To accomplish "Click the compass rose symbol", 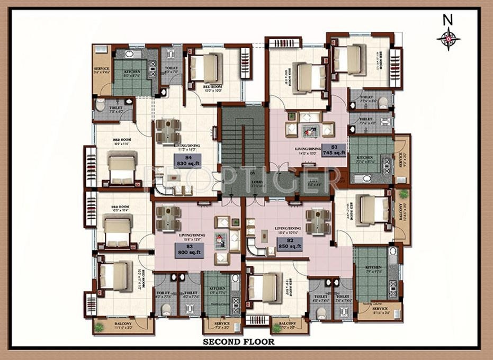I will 448,39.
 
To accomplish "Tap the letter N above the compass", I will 448,20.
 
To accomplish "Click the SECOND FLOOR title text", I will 239,342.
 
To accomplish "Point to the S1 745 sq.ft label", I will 334,150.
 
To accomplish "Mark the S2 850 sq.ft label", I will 290,244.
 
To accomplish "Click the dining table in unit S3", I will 168,218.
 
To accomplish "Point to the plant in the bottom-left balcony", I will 99,328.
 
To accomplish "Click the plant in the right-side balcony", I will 404,194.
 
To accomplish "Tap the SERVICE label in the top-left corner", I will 102,69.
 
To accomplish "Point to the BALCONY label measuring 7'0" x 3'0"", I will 288,323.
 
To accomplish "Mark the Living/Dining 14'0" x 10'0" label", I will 308,151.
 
